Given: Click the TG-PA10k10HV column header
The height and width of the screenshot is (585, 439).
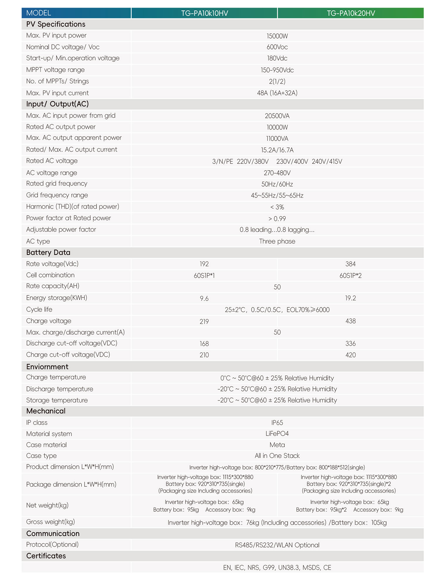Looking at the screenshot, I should (204, 13).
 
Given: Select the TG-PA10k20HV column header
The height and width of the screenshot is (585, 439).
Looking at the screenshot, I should (351, 13).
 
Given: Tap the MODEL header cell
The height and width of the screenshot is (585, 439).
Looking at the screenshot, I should (39, 13).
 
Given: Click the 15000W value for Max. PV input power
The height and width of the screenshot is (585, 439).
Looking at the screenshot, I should (277, 36).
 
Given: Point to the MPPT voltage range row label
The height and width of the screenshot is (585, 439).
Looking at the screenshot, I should (55, 70).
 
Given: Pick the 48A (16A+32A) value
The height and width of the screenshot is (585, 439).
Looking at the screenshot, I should (277, 93).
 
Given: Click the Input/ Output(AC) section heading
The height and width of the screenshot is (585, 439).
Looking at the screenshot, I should (57, 104).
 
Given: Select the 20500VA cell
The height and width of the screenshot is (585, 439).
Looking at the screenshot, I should (277, 116).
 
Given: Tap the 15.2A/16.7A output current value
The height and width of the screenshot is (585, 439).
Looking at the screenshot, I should (277, 150).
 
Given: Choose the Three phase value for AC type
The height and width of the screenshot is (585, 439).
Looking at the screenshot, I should (277, 241).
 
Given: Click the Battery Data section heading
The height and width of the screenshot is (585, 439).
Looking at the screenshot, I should (48, 252).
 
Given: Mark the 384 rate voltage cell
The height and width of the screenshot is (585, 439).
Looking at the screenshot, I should (350, 264).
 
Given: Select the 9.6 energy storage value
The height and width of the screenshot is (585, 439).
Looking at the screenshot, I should (204, 298).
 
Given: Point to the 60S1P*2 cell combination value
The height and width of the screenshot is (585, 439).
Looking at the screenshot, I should (350, 276).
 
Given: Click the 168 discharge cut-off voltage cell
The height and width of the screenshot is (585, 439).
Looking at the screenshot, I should (204, 344).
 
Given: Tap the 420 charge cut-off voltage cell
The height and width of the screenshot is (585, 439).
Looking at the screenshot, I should (350, 355).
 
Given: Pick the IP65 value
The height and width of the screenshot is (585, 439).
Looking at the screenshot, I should (277, 423).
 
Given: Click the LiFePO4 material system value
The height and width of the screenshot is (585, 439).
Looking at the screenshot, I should (277, 434).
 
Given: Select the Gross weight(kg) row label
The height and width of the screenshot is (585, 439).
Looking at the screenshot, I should (51, 522).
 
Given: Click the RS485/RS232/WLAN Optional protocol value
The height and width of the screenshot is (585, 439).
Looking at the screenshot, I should (277, 545).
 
